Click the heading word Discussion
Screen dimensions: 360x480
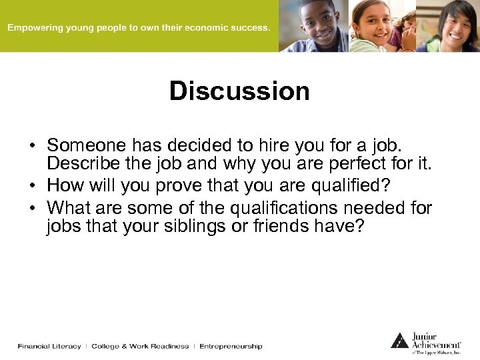click(239, 91)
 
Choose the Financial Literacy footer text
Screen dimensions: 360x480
click(49, 346)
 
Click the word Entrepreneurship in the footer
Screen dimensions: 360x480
click(231, 346)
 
